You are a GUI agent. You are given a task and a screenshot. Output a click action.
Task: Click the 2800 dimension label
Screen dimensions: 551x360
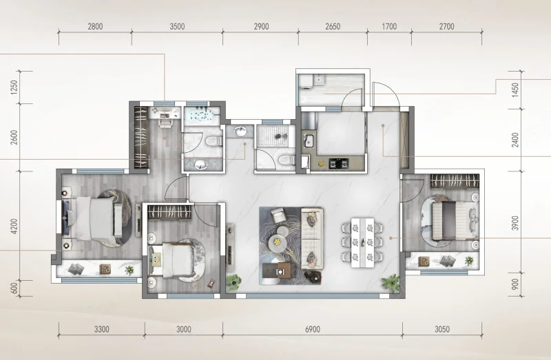[95, 26]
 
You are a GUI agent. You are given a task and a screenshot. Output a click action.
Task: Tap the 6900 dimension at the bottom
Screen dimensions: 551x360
[313, 329]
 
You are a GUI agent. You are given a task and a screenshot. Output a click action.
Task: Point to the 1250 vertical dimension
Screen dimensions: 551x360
[14, 87]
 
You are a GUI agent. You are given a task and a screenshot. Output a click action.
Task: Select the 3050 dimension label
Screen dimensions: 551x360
[442, 329]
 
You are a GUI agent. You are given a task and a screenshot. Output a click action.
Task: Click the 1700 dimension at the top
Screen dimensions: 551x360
[389, 26]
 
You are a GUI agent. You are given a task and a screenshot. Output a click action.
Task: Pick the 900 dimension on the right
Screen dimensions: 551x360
[515, 284]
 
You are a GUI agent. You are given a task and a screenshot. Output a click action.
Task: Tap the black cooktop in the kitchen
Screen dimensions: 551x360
[339, 163]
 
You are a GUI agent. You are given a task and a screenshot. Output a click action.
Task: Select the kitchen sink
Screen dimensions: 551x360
[309, 141]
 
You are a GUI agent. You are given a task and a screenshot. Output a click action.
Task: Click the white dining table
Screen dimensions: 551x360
[363, 243]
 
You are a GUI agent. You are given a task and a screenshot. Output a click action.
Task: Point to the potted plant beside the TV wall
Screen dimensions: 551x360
[233, 281]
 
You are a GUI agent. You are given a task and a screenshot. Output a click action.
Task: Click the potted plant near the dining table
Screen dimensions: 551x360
[391, 282]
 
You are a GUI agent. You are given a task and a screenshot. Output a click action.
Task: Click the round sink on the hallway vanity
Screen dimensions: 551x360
[240, 131]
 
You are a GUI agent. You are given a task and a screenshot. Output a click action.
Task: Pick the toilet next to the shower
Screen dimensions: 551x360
[286, 160]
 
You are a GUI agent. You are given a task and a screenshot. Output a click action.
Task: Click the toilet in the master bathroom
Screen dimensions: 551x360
[214, 141]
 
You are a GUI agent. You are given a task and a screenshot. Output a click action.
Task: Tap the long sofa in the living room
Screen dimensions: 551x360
[312, 239]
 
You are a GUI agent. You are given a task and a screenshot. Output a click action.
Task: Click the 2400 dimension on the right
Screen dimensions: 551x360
[515, 140]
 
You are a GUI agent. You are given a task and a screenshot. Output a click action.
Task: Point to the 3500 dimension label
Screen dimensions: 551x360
[177, 26]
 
